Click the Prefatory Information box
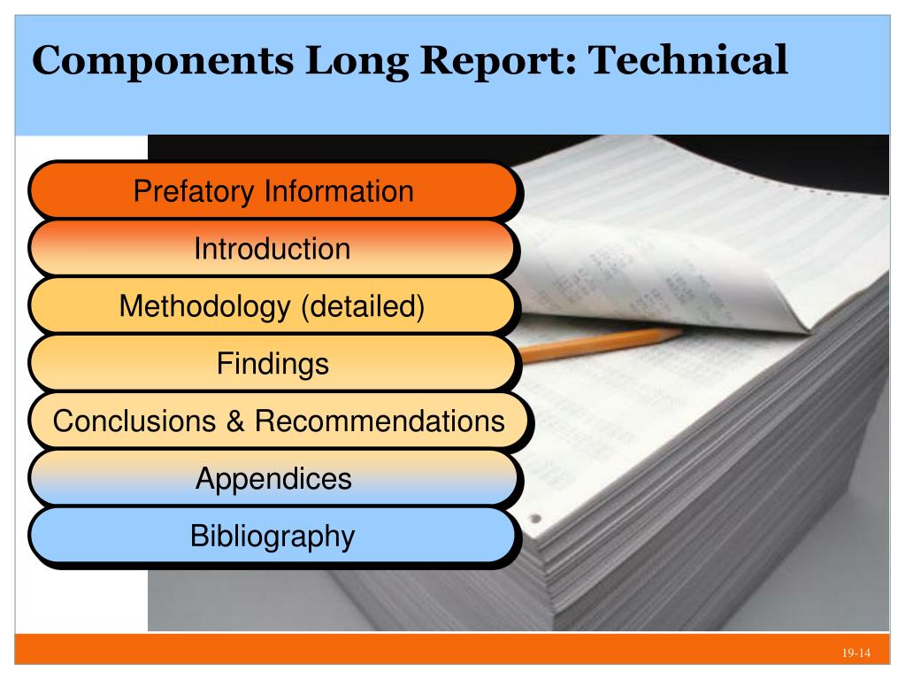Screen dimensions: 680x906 click(x=272, y=190)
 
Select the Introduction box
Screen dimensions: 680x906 click(x=272, y=248)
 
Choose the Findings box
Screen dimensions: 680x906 click(x=272, y=363)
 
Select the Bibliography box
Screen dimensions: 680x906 click(x=272, y=536)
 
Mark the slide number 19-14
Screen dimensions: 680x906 click(x=856, y=654)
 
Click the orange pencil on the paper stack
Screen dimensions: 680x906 click(x=602, y=344)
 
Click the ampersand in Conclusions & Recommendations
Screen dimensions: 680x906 click(x=236, y=421)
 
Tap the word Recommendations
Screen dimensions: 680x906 click(x=380, y=421)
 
